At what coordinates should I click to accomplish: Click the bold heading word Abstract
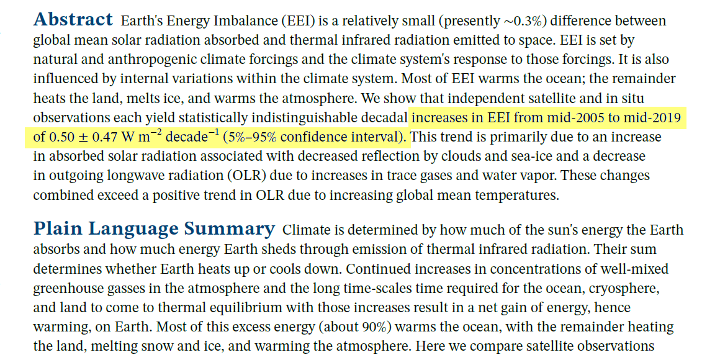click(73, 20)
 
